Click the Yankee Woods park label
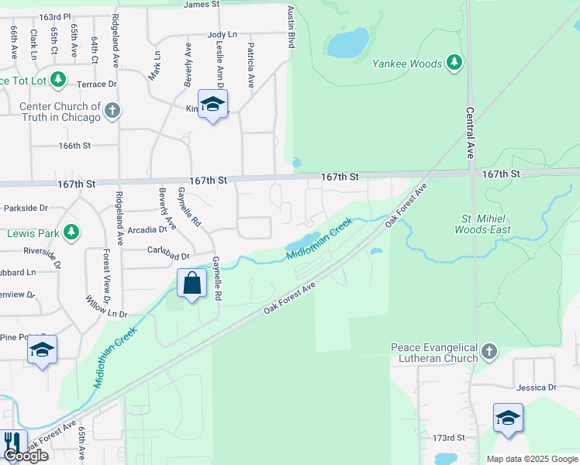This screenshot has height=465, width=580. [x=407, y=64]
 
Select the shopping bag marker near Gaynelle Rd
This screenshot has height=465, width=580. [x=192, y=283]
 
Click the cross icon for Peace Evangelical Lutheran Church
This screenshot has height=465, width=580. [x=489, y=353]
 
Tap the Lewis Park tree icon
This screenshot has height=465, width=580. [x=71, y=232]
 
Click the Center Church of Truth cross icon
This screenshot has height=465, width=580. [x=112, y=111]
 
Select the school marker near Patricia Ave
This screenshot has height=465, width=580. [x=212, y=105]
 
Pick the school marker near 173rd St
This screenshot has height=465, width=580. [x=508, y=418]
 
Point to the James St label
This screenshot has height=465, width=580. [x=202, y=5]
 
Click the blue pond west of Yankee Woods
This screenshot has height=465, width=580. [x=347, y=43]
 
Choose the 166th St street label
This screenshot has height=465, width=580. [x=74, y=145]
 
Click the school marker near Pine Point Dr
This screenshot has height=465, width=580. [x=43, y=352]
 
